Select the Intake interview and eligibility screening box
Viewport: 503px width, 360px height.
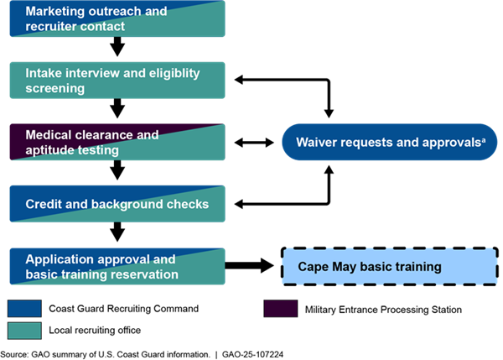point(117,80)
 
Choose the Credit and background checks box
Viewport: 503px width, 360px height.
point(117,204)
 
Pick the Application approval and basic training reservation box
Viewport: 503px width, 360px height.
point(117,266)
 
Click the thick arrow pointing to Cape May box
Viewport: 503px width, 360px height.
point(251,267)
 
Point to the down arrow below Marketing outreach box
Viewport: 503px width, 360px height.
point(117,49)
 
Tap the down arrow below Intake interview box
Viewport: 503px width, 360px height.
point(117,110)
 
